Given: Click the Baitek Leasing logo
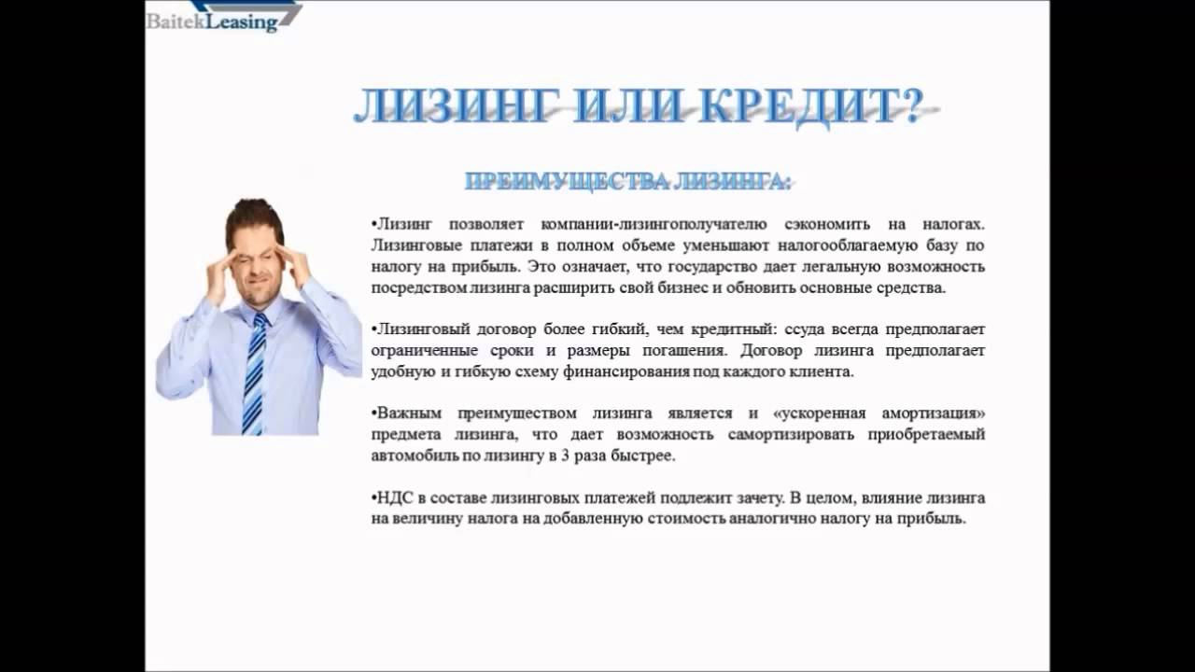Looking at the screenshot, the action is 224,17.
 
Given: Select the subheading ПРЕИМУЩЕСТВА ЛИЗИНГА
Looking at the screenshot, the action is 627,181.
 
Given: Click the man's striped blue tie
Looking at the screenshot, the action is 255,373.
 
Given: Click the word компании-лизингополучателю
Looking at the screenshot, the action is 654,225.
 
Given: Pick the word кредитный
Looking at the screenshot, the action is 734,329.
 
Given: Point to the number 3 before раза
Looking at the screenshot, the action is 565,456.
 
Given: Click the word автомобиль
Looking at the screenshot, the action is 413,456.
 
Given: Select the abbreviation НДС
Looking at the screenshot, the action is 395,498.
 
